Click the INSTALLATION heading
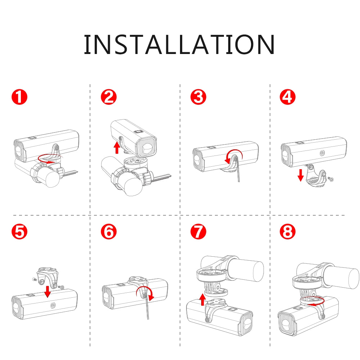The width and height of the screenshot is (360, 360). [179, 45]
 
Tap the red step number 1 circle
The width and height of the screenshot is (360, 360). [19, 98]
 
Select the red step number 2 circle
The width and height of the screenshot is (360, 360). [109, 98]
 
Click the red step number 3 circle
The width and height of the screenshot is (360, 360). [198, 98]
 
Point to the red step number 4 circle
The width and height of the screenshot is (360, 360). [287, 98]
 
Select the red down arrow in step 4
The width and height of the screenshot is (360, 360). [301, 176]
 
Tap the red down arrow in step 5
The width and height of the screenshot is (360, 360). [47, 292]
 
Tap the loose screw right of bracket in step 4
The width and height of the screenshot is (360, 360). [331, 178]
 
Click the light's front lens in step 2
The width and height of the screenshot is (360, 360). [147, 147]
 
